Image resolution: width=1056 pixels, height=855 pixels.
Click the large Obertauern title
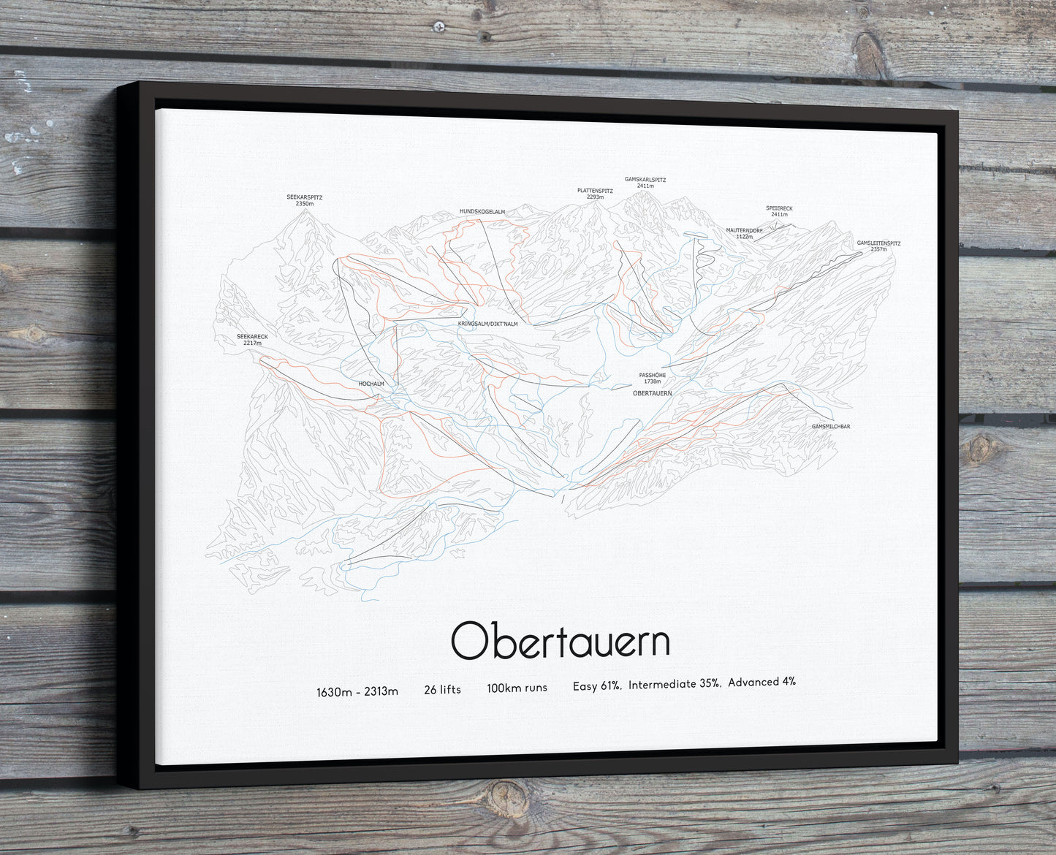(560, 641)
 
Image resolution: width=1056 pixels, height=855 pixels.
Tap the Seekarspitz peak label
(304, 199)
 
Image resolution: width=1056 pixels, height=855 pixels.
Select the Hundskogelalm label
(482, 211)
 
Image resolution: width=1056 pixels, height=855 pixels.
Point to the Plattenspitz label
(595, 193)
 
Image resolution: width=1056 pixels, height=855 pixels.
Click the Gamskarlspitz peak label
(645, 182)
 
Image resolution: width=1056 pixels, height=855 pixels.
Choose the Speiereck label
(779, 210)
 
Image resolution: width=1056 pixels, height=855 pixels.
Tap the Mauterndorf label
(744, 233)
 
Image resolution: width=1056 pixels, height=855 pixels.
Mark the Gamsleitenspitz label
(879, 246)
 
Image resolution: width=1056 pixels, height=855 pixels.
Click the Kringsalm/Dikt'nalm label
(487, 323)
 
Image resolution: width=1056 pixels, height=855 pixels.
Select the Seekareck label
(252, 339)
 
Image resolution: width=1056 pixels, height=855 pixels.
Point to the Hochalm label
(371, 383)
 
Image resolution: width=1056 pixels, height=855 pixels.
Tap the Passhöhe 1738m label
(652, 378)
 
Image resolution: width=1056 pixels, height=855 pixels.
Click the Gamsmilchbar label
(831, 426)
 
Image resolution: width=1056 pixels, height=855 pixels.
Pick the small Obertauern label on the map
(652, 393)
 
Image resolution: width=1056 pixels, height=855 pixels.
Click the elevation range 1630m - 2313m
(357, 691)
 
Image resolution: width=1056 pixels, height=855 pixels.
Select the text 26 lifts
(442, 688)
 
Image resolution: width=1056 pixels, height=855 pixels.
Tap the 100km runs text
(517, 688)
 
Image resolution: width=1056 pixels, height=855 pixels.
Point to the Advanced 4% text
(761, 682)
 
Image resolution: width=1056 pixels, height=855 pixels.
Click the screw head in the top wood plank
(438, 27)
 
